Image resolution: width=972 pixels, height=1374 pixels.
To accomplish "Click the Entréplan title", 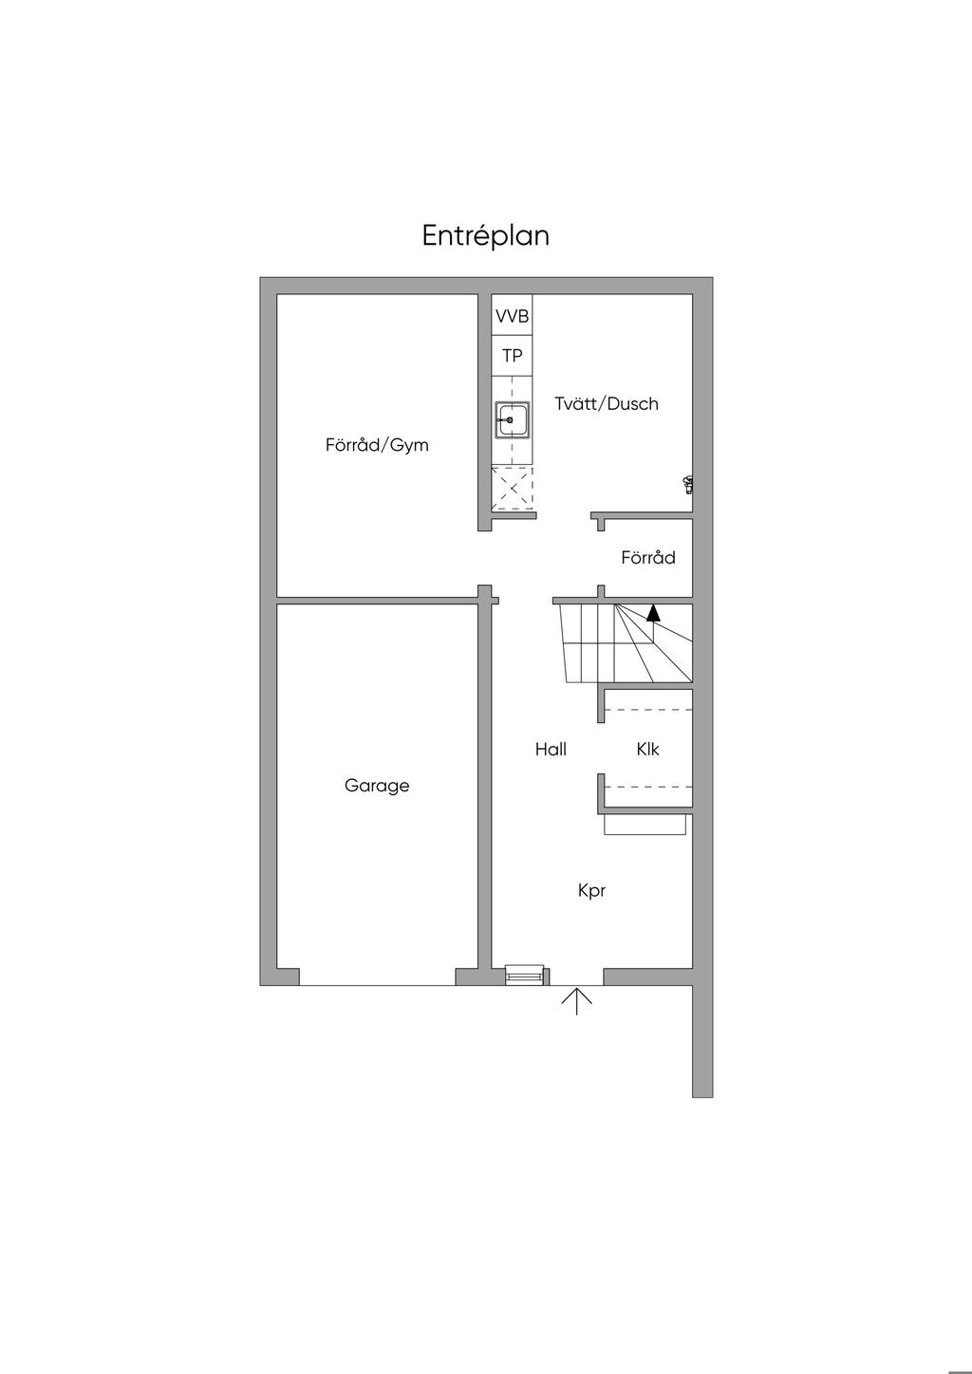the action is click(485, 236).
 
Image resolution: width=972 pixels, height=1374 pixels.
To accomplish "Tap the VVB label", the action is click(512, 317).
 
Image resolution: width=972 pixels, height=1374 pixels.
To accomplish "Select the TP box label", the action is click(512, 356).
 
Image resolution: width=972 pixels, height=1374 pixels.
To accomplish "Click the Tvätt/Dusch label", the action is click(607, 403).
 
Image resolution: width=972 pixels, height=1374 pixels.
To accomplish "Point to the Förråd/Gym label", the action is click(377, 445).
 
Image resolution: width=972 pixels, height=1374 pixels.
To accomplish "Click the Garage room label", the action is click(377, 786).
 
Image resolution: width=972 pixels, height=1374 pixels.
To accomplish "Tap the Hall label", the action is click(551, 749).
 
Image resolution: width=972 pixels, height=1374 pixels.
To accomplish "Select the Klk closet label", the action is click(648, 749).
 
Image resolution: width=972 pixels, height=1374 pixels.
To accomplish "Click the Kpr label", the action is click(591, 891).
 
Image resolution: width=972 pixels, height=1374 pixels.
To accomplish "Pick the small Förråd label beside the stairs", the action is click(648, 558).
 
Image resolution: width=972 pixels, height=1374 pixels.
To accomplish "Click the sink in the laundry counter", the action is click(513, 420).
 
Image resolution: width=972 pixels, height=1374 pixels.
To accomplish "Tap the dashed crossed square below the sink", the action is click(513, 489).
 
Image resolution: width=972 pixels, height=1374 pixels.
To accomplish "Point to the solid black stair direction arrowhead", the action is click(653, 612).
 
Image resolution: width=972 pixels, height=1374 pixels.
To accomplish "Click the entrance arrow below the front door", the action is click(577, 1000).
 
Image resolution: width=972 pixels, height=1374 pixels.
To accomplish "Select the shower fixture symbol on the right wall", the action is click(688, 485).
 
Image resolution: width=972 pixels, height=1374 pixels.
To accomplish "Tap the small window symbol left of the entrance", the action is click(524, 975).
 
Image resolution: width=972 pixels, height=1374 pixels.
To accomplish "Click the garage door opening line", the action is click(377, 986).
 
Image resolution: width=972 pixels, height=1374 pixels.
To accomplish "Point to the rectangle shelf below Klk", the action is click(645, 825).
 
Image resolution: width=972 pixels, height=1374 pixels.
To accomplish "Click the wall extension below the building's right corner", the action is click(702, 1042).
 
